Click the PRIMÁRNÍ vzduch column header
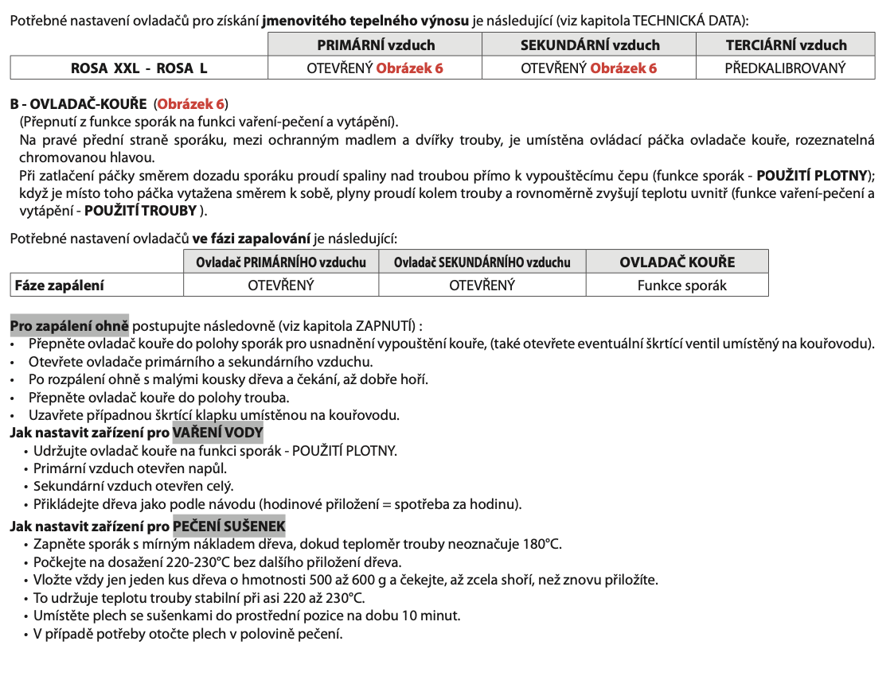click(x=376, y=45)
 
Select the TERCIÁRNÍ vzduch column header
click(x=786, y=45)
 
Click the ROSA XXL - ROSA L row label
click(x=139, y=68)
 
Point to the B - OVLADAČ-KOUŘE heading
click(x=78, y=103)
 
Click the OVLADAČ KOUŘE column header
click(x=677, y=262)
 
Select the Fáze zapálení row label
click(x=59, y=286)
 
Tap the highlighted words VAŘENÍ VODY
click(x=217, y=433)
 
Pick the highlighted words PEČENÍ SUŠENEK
click(x=228, y=526)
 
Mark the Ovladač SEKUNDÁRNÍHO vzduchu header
click(x=482, y=262)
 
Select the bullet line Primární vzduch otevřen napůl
click(x=130, y=468)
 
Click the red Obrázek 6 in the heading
click(x=191, y=103)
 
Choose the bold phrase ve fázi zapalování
click(x=252, y=238)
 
